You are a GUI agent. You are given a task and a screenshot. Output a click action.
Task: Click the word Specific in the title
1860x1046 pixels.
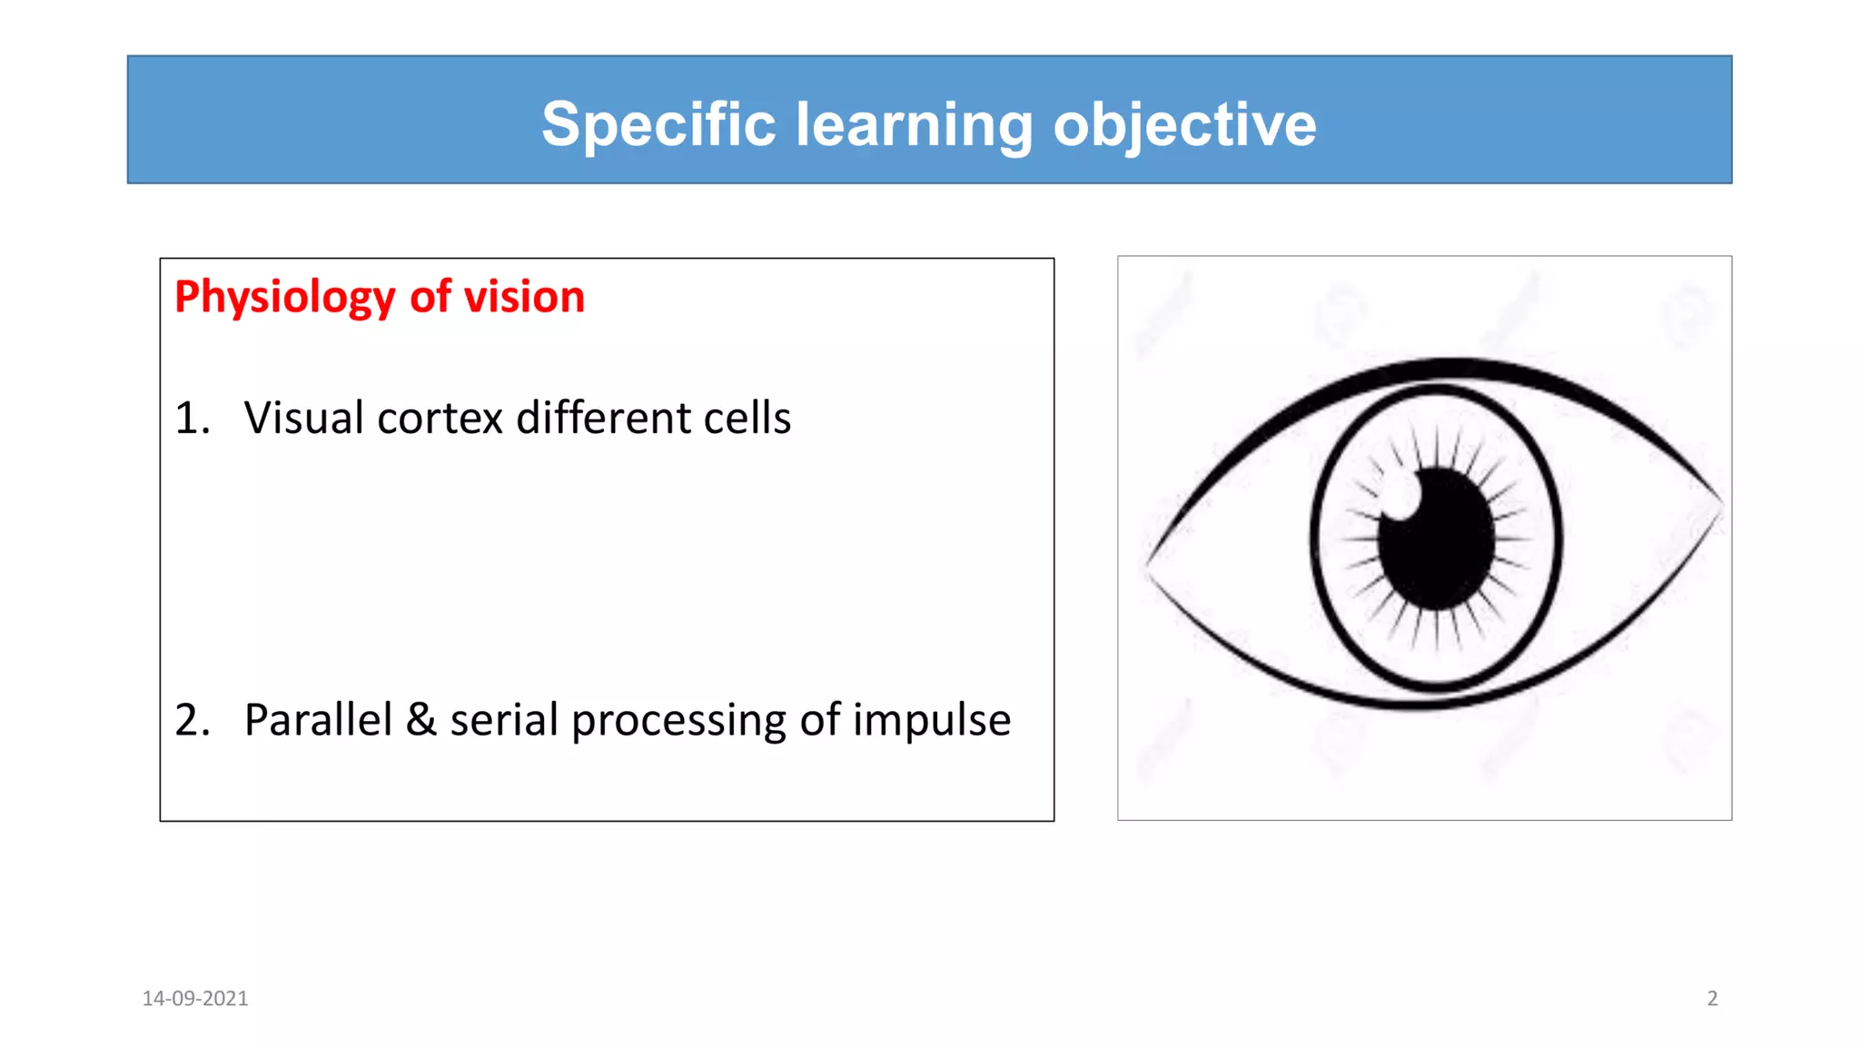tap(658, 123)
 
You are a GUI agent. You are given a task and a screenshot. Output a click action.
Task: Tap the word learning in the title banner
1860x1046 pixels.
tap(914, 125)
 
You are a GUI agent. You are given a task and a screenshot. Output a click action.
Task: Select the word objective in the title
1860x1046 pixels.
tap(1184, 125)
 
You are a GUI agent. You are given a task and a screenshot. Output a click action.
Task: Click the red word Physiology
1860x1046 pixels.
tap(285, 298)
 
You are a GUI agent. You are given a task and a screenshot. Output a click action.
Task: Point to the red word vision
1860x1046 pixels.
tap(524, 296)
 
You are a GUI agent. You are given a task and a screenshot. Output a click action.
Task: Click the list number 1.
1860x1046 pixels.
tap(192, 418)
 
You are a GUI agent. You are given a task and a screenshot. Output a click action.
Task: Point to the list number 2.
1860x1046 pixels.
tap(192, 720)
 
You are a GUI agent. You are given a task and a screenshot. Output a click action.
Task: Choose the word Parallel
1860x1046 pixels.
tap(318, 720)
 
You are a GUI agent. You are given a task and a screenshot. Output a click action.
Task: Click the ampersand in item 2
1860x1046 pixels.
tap(420, 720)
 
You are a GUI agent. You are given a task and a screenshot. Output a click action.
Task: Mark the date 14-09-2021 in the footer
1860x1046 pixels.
tap(195, 999)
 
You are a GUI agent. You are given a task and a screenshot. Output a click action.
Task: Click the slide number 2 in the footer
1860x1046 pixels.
tap(1712, 999)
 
